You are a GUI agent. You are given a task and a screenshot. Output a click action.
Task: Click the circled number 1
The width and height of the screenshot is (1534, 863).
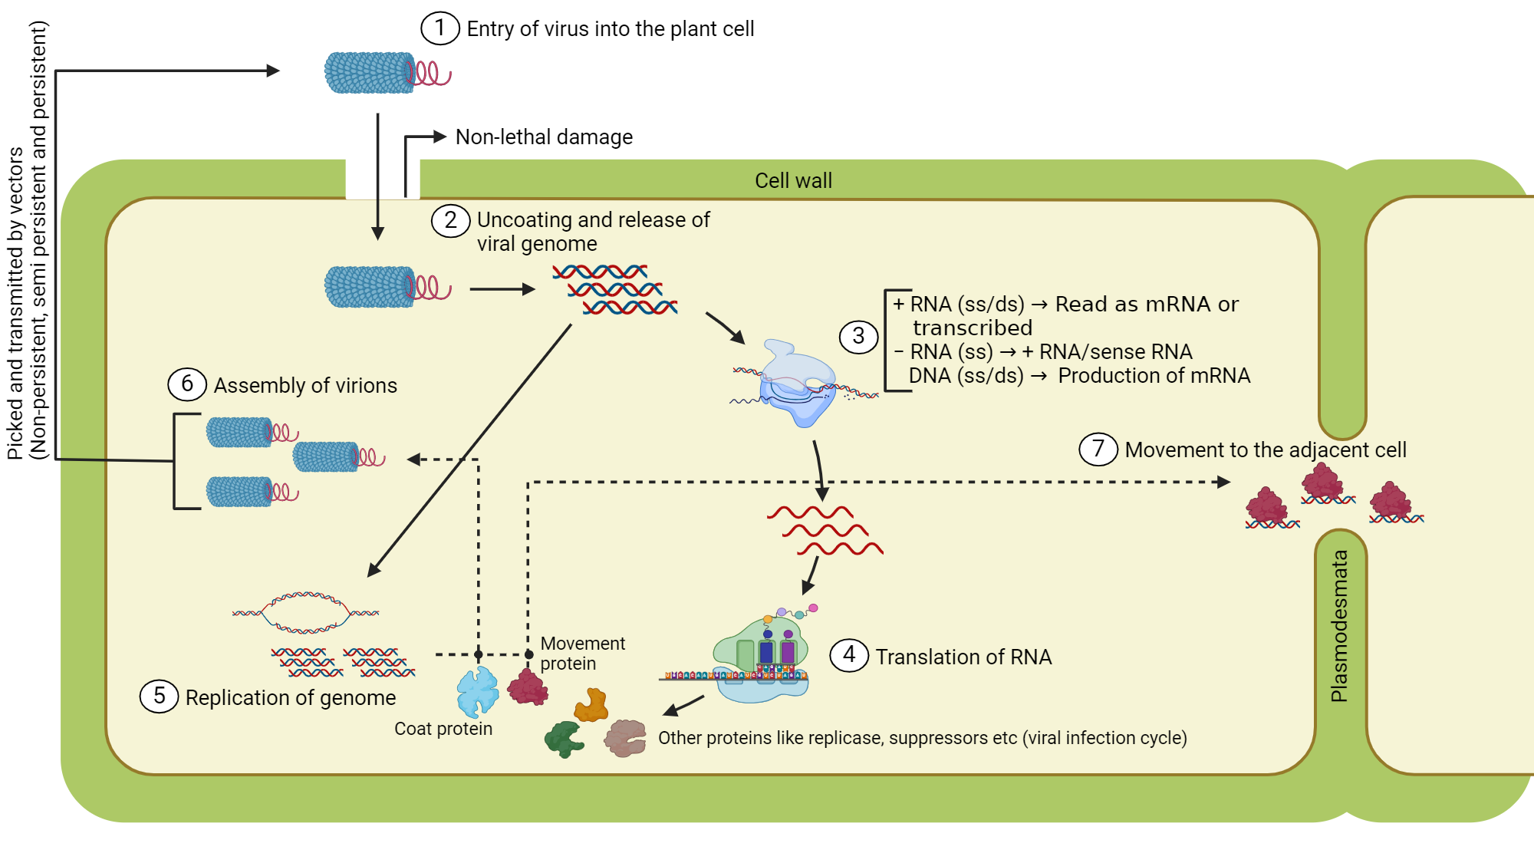pos(439,28)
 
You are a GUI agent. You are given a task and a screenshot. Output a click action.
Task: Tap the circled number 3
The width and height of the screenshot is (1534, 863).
pos(858,336)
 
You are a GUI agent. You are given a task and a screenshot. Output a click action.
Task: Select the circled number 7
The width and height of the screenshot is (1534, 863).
pos(1098,449)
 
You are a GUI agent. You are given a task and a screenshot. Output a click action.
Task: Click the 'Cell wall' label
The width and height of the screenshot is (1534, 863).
pos(793,180)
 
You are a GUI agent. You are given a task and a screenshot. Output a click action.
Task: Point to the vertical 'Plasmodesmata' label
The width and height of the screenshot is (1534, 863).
pos(1339,625)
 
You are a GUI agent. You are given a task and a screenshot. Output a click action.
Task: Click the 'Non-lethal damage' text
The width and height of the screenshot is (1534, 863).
pos(544,137)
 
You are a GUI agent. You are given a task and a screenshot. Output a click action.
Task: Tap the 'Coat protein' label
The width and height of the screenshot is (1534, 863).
pos(443,729)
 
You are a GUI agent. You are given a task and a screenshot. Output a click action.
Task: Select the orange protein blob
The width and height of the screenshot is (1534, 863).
pos(591,705)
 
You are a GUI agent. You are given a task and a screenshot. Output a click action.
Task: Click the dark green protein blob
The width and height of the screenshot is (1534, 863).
pos(564,739)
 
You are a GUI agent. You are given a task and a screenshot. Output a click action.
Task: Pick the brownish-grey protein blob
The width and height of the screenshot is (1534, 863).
pos(625,738)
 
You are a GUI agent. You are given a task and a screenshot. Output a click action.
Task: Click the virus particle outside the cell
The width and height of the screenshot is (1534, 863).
pos(370,73)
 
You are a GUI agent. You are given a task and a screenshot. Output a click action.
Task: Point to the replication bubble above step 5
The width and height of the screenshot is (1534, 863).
pos(305,612)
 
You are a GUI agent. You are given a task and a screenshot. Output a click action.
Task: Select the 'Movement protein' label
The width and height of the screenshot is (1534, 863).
pos(582,654)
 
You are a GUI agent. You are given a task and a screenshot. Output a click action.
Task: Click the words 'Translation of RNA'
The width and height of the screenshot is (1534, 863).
pos(963,657)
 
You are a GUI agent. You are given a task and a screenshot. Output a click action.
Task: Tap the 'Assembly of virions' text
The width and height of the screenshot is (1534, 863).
pos(305,385)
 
